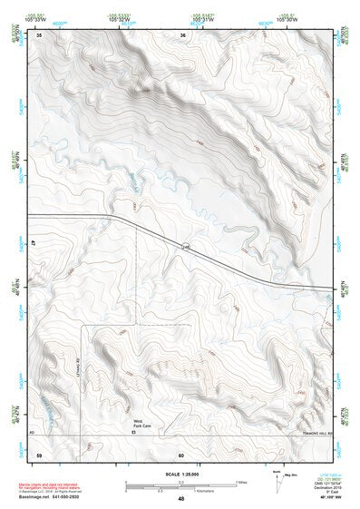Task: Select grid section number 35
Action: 39,35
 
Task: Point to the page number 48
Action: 180,499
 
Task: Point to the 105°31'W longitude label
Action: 201,19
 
